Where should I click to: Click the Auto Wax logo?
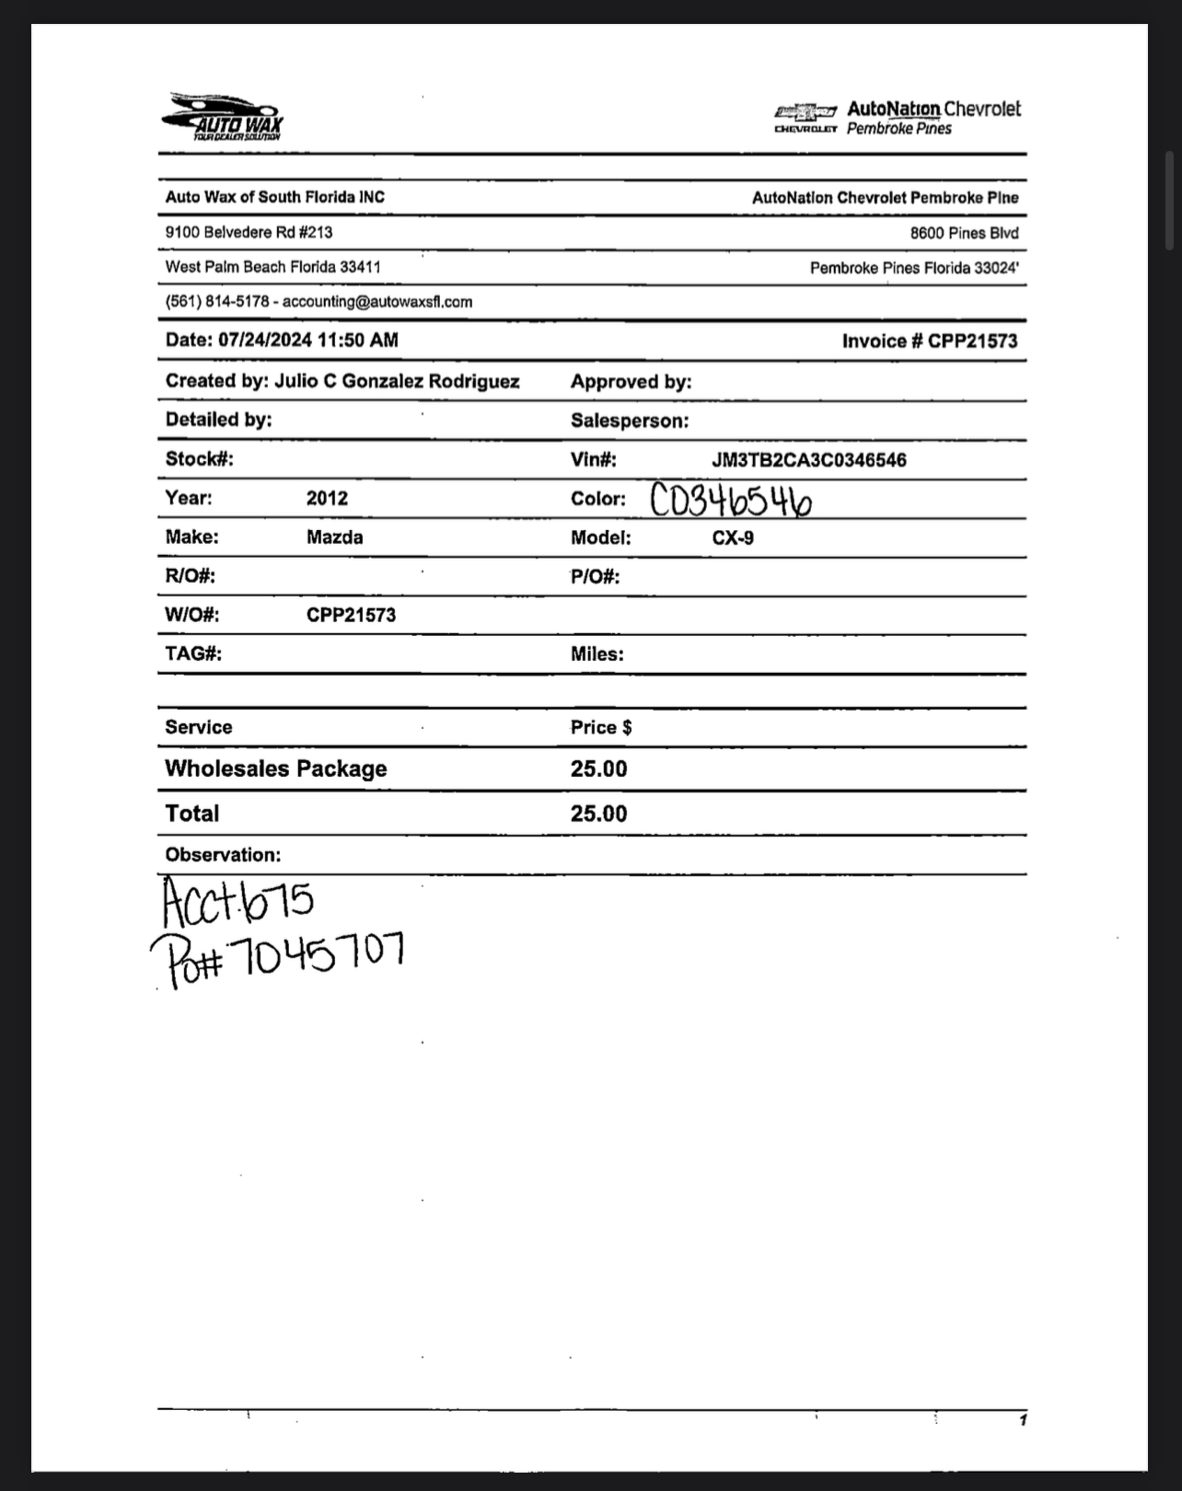[224, 117]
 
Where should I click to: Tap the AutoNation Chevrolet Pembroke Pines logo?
[898, 118]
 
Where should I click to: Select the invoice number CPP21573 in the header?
[972, 341]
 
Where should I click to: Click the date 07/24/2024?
[265, 340]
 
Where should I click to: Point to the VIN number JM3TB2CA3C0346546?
[808, 460]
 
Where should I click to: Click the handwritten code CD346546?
[732, 502]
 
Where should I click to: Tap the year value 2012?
[327, 499]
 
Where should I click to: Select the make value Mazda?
[334, 537]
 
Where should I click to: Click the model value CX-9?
[732, 537]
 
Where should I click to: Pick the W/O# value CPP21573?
[351, 615]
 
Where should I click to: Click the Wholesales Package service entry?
[275, 769]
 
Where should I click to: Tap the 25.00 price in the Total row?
[598, 814]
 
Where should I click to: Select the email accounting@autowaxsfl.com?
[377, 302]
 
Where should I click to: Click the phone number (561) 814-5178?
[217, 302]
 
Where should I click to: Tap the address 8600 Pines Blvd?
[964, 233]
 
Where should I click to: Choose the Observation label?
[223, 855]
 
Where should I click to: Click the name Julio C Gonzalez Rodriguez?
[397, 381]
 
